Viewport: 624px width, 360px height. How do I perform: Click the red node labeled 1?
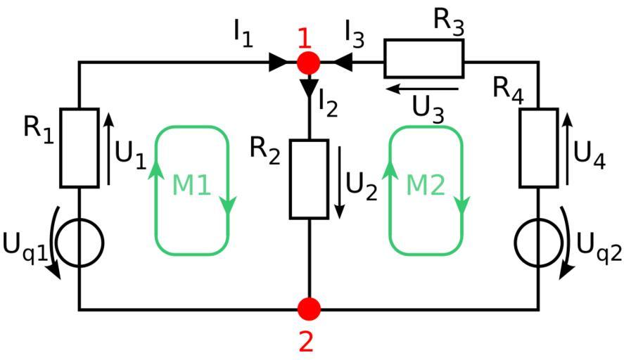[x=308, y=63]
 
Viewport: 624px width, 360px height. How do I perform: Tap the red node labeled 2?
[x=308, y=309]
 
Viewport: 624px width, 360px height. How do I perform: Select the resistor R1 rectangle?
[x=79, y=148]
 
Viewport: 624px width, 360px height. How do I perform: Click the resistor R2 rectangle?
[x=309, y=179]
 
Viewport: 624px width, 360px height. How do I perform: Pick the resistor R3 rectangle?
[x=424, y=58]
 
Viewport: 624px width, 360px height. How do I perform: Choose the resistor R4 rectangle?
[x=538, y=148]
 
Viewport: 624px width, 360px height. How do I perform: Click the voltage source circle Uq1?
[x=79, y=241]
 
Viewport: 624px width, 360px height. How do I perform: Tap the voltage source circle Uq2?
[x=538, y=241]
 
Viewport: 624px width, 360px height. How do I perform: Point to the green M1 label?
[x=192, y=186]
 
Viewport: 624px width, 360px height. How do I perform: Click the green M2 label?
[x=426, y=186]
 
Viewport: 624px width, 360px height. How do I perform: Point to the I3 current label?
[x=356, y=32]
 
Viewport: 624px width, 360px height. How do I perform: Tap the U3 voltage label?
[x=428, y=108]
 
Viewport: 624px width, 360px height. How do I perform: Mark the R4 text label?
[x=507, y=89]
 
